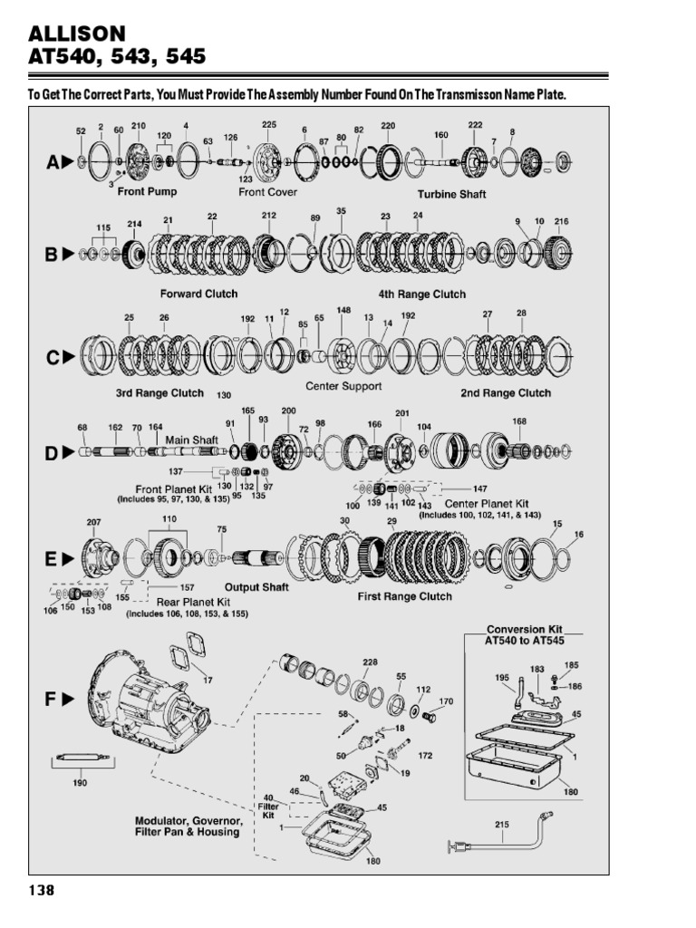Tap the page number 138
(42, 890)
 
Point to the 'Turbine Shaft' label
(451, 195)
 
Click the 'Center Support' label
(343, 386)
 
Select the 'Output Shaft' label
(256, 587)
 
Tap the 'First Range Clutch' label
(405, 597)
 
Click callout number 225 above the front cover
(269, 124)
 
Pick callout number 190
(81, 782)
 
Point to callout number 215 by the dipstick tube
(503, 825)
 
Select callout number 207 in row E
(94, 523)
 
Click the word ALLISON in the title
(77, 34)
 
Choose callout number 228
(369, 662)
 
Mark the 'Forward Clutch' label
(198, 294)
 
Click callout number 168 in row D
(519, 420)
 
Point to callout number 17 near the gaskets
(208, 680)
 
